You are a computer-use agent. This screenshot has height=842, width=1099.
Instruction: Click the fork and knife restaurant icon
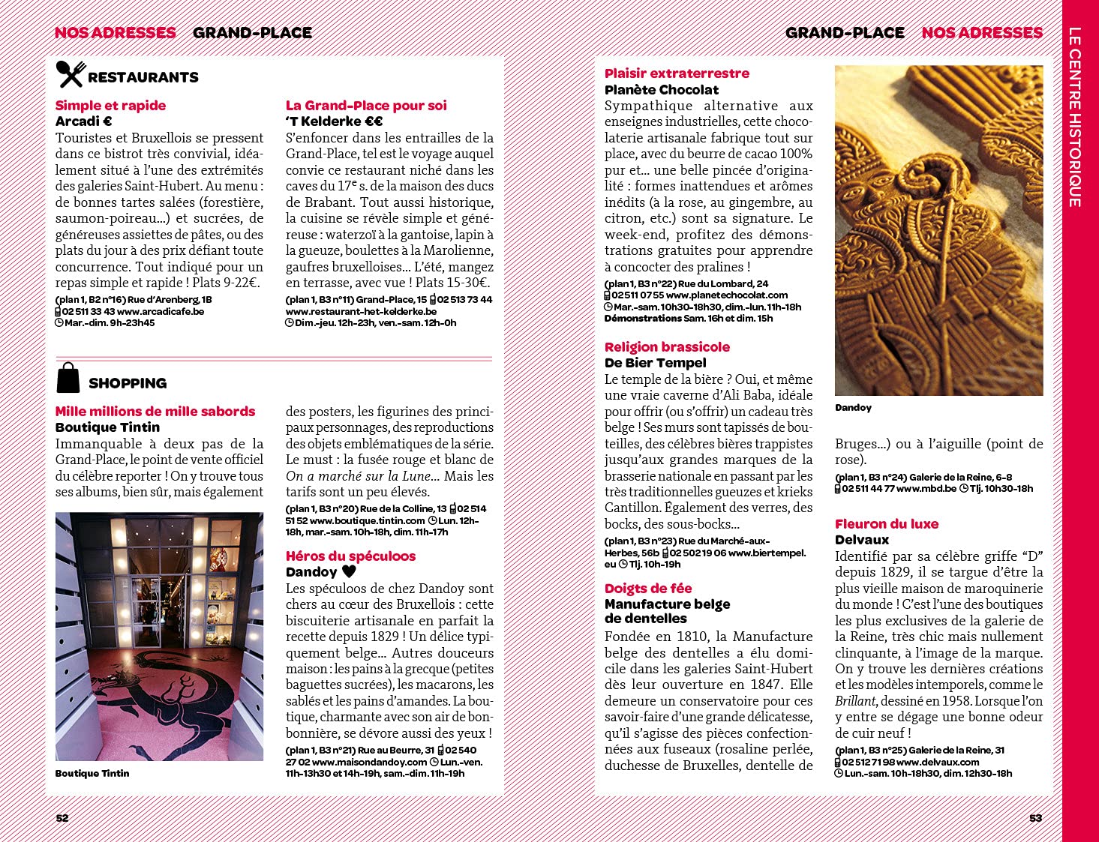pyautogui.click(x=71, y=74)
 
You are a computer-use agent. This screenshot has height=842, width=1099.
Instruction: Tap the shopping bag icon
pyautogui.click(x=68, y=378)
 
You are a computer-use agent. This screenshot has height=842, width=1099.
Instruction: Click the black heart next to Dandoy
pyautogui.click(x=349, y=571)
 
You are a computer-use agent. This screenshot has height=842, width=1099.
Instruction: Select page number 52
pyautogui.click(x=62, y=818)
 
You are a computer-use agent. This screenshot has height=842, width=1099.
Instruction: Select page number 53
pyautogui.click(x=1035, y=818)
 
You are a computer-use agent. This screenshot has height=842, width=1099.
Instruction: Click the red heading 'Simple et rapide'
pyautogui.click(x=110, y=106)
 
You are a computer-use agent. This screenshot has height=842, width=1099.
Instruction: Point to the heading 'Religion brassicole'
pyautogui.click(x=667, y=347)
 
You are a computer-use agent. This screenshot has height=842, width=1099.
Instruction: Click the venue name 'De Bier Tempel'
pyautogui.click(x=655, y=363)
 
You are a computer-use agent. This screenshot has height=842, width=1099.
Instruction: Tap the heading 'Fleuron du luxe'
pyautogui.click(x=886, y=524)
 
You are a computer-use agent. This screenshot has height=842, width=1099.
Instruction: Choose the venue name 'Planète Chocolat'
pyautogui.click(x=661, y=90)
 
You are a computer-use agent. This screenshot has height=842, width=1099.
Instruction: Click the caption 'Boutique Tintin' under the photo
pyautogui.click(x=92, y=773)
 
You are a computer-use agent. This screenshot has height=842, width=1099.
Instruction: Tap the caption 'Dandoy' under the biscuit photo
pyautogui.click(x=853, y=408)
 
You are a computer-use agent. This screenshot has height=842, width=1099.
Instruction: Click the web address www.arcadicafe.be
pyautogui.click(x=161, y=312)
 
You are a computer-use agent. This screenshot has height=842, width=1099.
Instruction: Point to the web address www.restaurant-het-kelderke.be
pyautogui.click(x=361, y=312)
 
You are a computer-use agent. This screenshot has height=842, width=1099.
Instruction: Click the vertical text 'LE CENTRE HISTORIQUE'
pyautogui.click(x=1075, y=117)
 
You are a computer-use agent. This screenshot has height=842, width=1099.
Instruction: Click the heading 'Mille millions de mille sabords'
pyautogui.click(x=155, y=412)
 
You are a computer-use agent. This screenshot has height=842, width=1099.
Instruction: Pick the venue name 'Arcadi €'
pyautogui.click(x=83, y=121)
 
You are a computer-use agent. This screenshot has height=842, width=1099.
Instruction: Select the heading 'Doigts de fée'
pyautogui.click(x=648, y=589)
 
